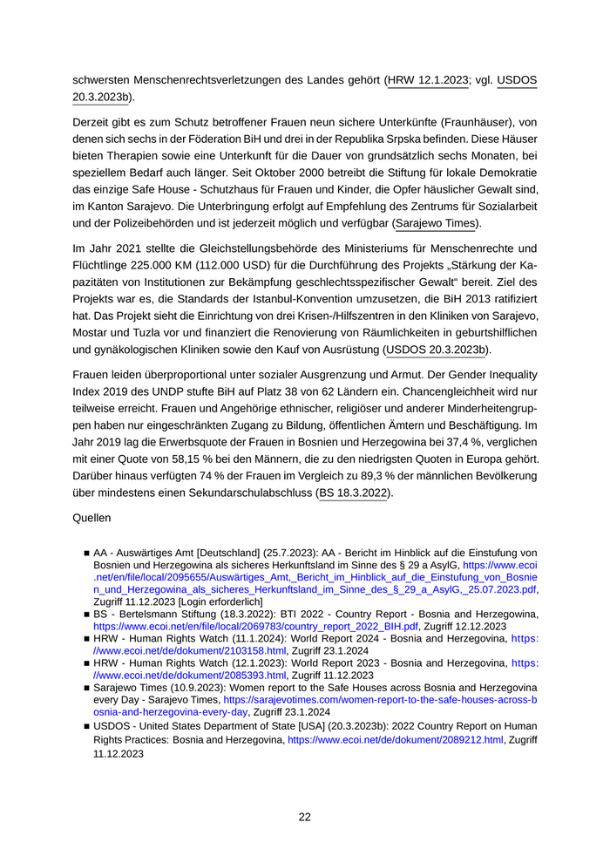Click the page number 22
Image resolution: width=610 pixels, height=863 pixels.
tap(304, 817)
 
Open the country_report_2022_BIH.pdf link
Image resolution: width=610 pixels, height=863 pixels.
tap(296, 627)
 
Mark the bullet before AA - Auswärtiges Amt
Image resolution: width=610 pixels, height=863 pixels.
tap(87, 553)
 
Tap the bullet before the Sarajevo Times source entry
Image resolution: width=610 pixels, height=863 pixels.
tap(87, 688)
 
